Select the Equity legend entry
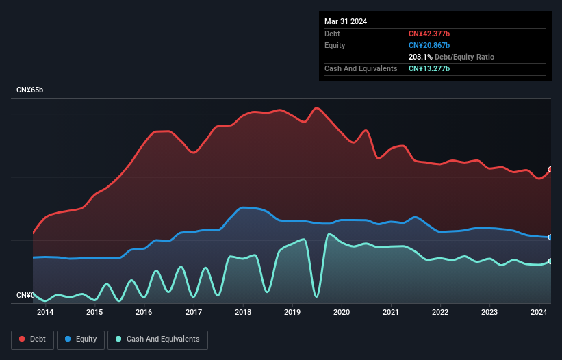(81, 339)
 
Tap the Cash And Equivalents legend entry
(157, 339)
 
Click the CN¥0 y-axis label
(25, 295)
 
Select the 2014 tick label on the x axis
(45, 313)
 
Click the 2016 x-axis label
(144, 313)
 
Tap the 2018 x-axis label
(242, 313)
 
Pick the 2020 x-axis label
(342, 313)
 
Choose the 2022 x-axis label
(440, 313)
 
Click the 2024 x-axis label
(539, 313)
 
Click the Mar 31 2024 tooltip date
(346, 21)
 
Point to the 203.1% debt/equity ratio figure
(420, 57)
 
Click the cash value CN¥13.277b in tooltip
(429, 68)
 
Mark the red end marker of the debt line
(550, 170)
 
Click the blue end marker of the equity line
(550, 237)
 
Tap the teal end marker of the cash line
(550, 261)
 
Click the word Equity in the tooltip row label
(335, 45)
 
